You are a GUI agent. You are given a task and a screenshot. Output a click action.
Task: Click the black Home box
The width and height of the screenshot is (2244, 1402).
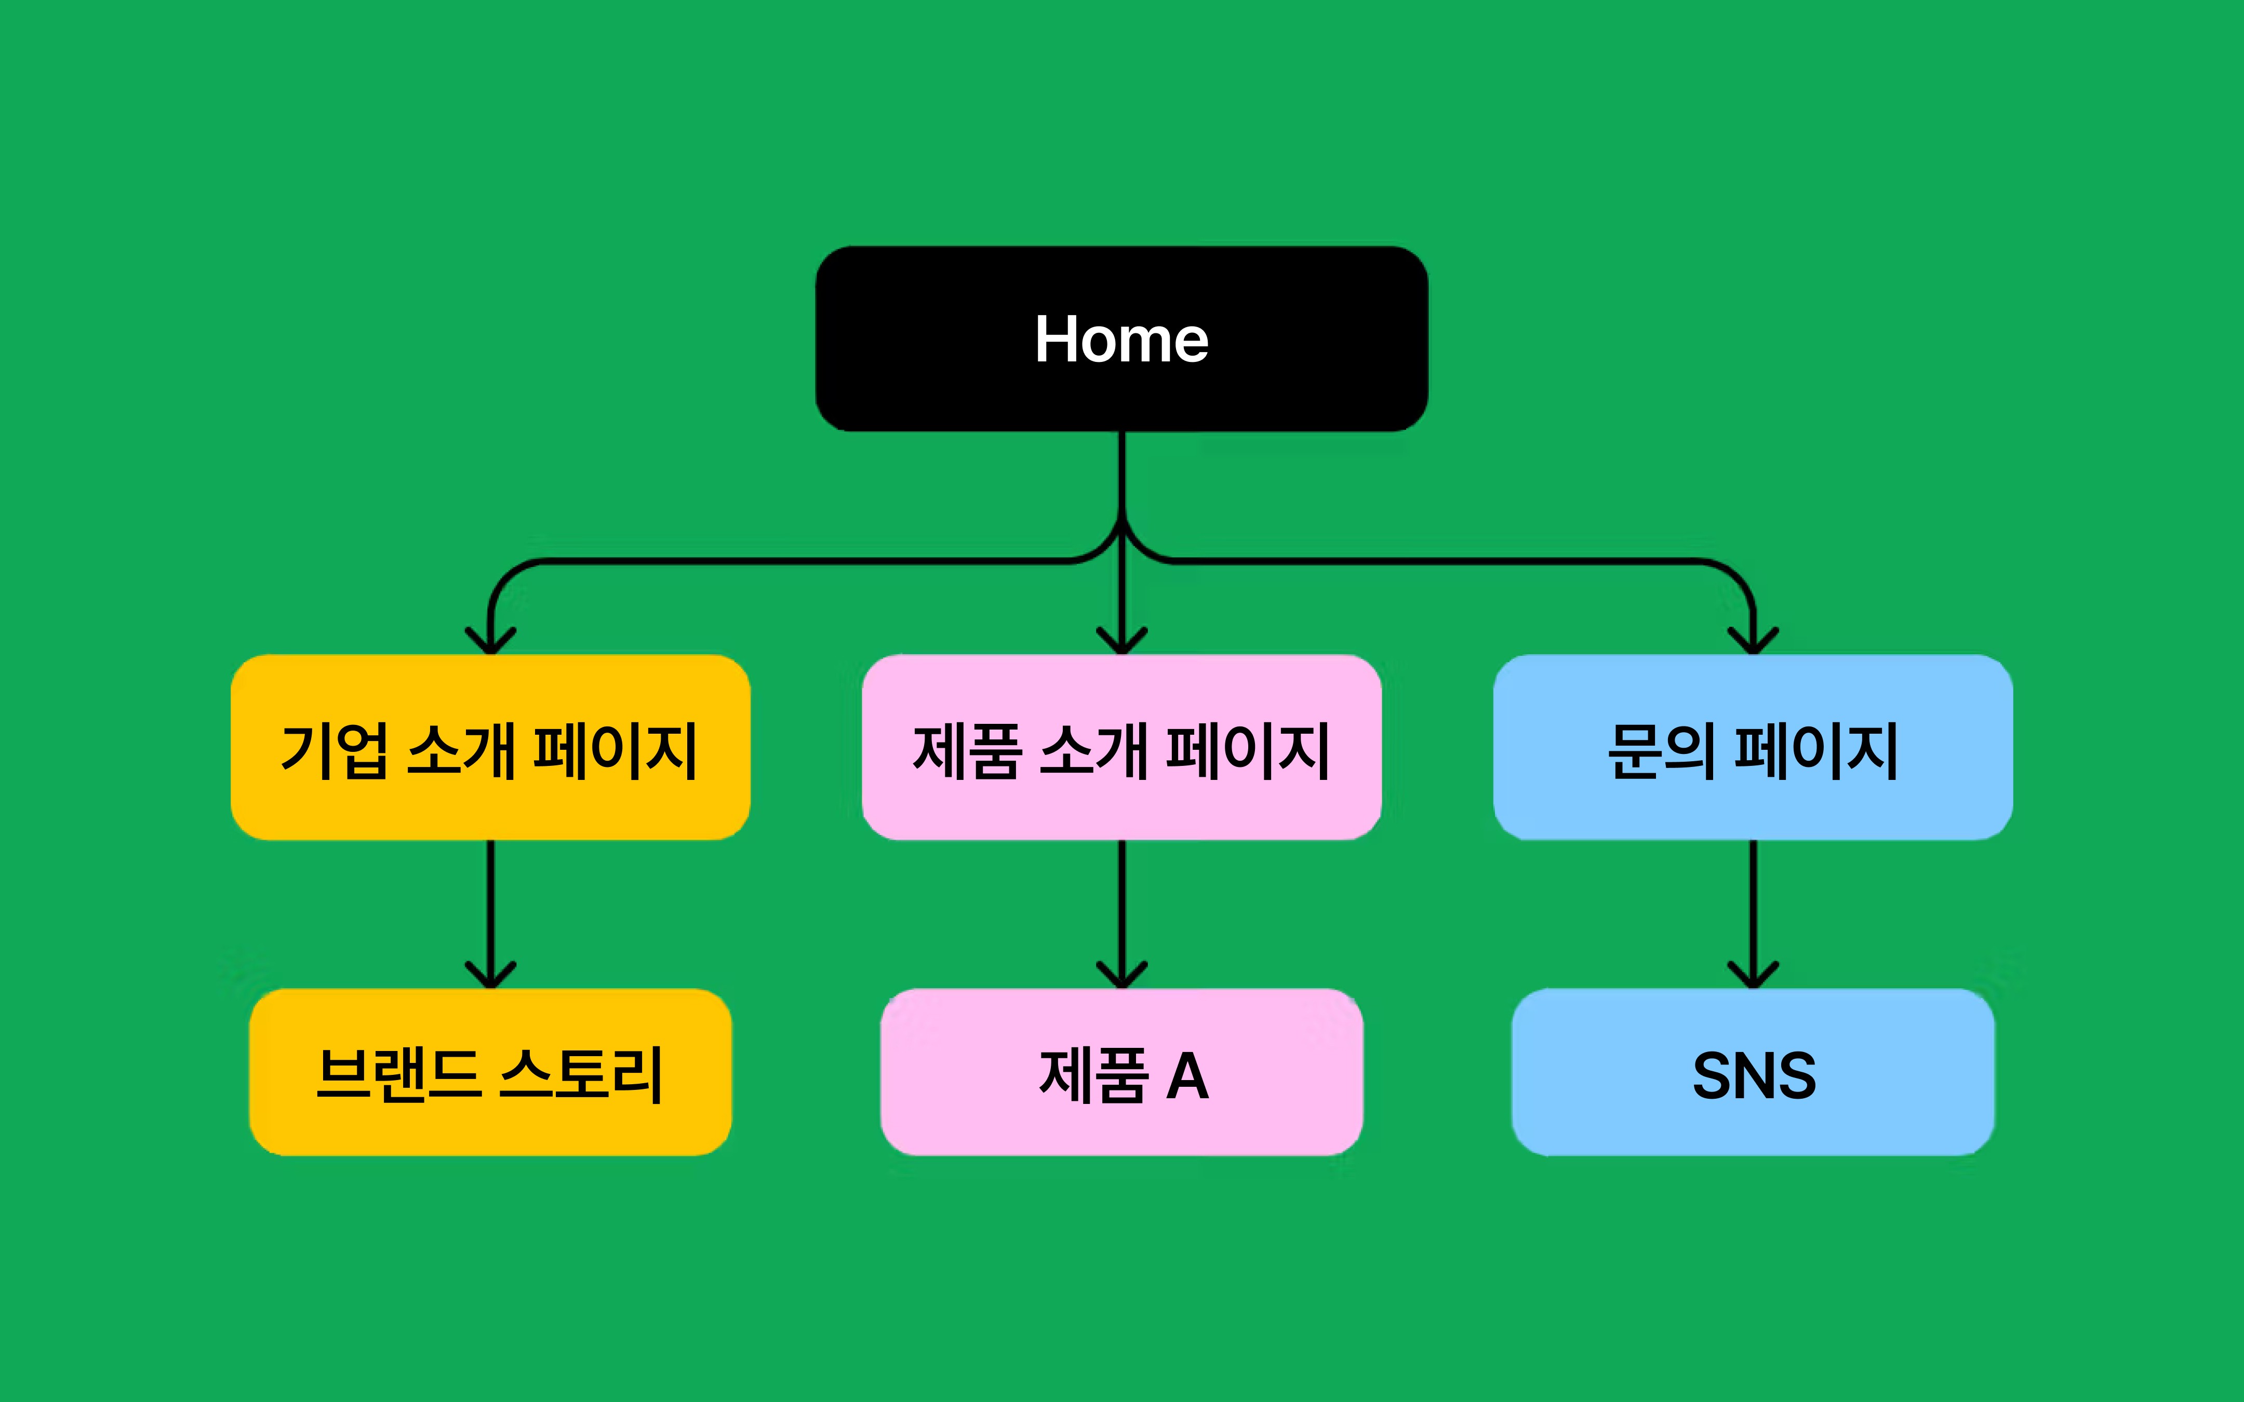[927, 339]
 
